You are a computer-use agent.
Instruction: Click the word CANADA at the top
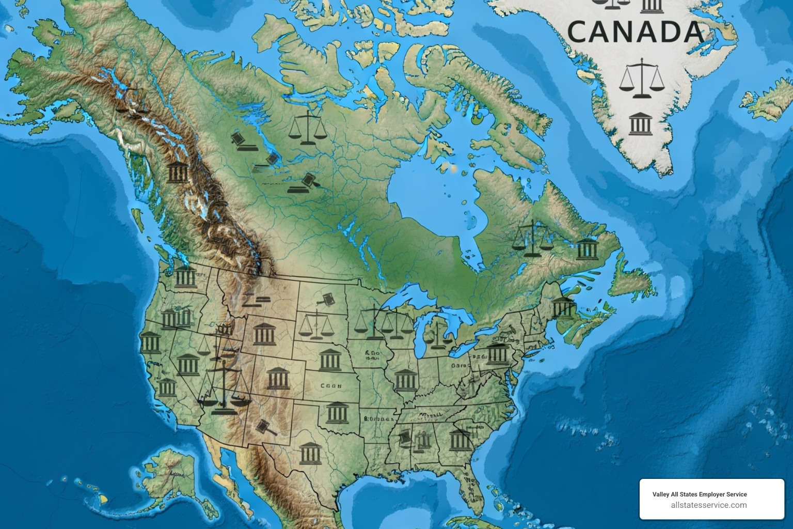[x=636, y=32]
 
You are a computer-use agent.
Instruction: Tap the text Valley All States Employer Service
[x=699, y=494]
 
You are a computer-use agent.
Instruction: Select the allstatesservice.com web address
[x=708, y=505]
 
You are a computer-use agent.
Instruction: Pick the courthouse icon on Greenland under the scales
[x=641, y=123]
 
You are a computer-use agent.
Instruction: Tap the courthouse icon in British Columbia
[x=177, y=172]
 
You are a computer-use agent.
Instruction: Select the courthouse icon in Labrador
[x=586, y=250]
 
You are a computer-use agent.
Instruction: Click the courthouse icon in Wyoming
[x=264, y=334]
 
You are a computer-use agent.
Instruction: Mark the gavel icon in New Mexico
[x=265, y=427]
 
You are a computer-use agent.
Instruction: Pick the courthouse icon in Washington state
[x=185, y=277]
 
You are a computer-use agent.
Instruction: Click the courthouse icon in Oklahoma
[x=337, y=412]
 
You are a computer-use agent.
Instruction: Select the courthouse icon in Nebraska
[x=330, y=360]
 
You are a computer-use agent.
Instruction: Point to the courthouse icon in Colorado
[x=278, y=379]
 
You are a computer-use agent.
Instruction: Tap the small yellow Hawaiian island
[x=104, y=500]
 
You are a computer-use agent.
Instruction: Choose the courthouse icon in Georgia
[x=459, y=440]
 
